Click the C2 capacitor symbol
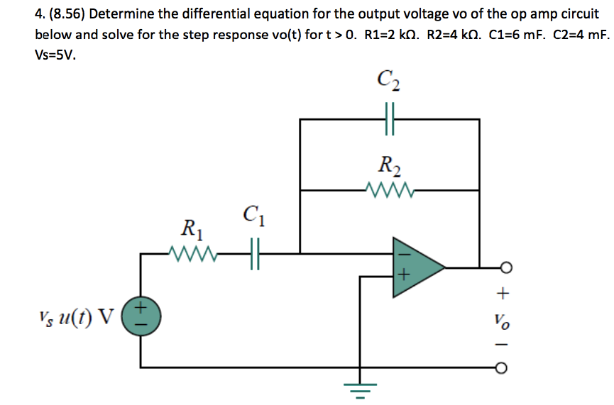click(390, 119)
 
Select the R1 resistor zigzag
click(191, 252)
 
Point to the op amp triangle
click(416, 267)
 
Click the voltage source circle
click(140, 315)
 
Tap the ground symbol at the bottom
click(361, 389)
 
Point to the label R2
click(388, 168)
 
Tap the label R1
click(190, 229)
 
